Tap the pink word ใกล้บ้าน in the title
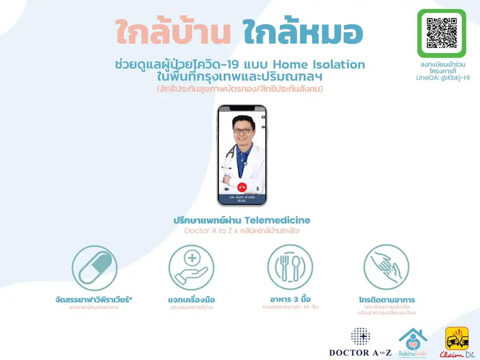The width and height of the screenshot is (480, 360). [172, 33]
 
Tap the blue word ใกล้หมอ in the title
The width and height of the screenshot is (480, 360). [303, 33]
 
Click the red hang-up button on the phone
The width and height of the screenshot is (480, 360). [242, 188]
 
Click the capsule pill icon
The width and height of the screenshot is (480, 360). [94, 267]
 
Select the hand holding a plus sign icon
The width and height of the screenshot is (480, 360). [191, 267]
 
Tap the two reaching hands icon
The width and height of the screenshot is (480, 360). [386, 267]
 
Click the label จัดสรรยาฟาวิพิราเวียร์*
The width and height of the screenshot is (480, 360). [94, 300]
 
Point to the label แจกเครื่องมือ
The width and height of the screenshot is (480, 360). [191, 300]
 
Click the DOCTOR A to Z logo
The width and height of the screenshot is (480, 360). [360, 342]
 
